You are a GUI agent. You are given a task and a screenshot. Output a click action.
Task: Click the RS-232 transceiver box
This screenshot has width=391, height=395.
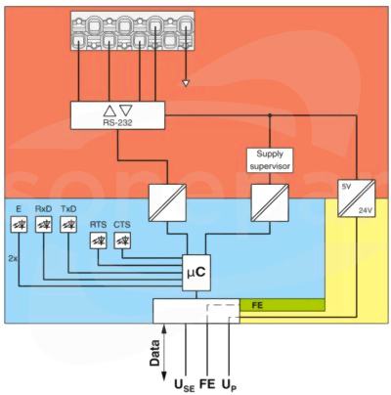pos(117,115)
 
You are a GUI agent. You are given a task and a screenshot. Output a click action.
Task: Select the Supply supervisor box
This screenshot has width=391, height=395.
pos(270,160)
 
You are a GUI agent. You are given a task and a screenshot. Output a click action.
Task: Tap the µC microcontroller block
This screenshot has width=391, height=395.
pos(196,273)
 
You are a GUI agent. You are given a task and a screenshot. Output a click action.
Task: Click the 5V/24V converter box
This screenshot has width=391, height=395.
pos(357,198)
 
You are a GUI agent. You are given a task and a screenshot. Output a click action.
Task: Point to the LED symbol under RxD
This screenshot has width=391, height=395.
pos(44,224)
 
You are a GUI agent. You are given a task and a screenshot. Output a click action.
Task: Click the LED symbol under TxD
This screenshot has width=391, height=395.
pos(68,224)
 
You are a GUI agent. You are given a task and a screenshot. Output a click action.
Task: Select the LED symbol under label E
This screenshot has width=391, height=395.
pos(19,224)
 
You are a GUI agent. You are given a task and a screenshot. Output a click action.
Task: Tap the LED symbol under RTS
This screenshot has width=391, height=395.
pos(98,241)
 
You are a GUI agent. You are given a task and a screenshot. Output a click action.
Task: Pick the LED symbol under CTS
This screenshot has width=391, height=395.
pos(122,241)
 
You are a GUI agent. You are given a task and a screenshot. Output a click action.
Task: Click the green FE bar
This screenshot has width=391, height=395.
pos(282,305)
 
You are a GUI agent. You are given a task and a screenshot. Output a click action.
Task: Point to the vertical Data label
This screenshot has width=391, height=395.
pos(155,353)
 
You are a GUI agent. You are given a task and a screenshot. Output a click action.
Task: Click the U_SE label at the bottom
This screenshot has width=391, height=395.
pos(185,385)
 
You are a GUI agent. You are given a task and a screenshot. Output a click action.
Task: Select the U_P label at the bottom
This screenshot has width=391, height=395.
pos(229,385)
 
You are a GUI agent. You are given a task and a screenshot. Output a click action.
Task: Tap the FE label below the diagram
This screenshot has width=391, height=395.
pos(207,384)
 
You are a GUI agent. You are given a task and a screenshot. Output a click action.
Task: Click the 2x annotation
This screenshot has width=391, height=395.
pos(13,259)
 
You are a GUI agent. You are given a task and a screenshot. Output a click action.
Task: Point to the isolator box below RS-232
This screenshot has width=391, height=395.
pos(167,203)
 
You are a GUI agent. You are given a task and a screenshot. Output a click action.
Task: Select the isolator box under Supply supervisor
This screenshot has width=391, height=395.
pos(270,203)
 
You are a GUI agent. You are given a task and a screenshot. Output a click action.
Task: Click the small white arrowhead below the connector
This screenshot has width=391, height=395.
pos(186,83)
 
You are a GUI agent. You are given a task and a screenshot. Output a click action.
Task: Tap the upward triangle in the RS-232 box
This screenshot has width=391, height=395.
pos(109,110)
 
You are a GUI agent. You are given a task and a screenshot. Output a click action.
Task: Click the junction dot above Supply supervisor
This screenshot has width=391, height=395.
pos(270,115)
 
